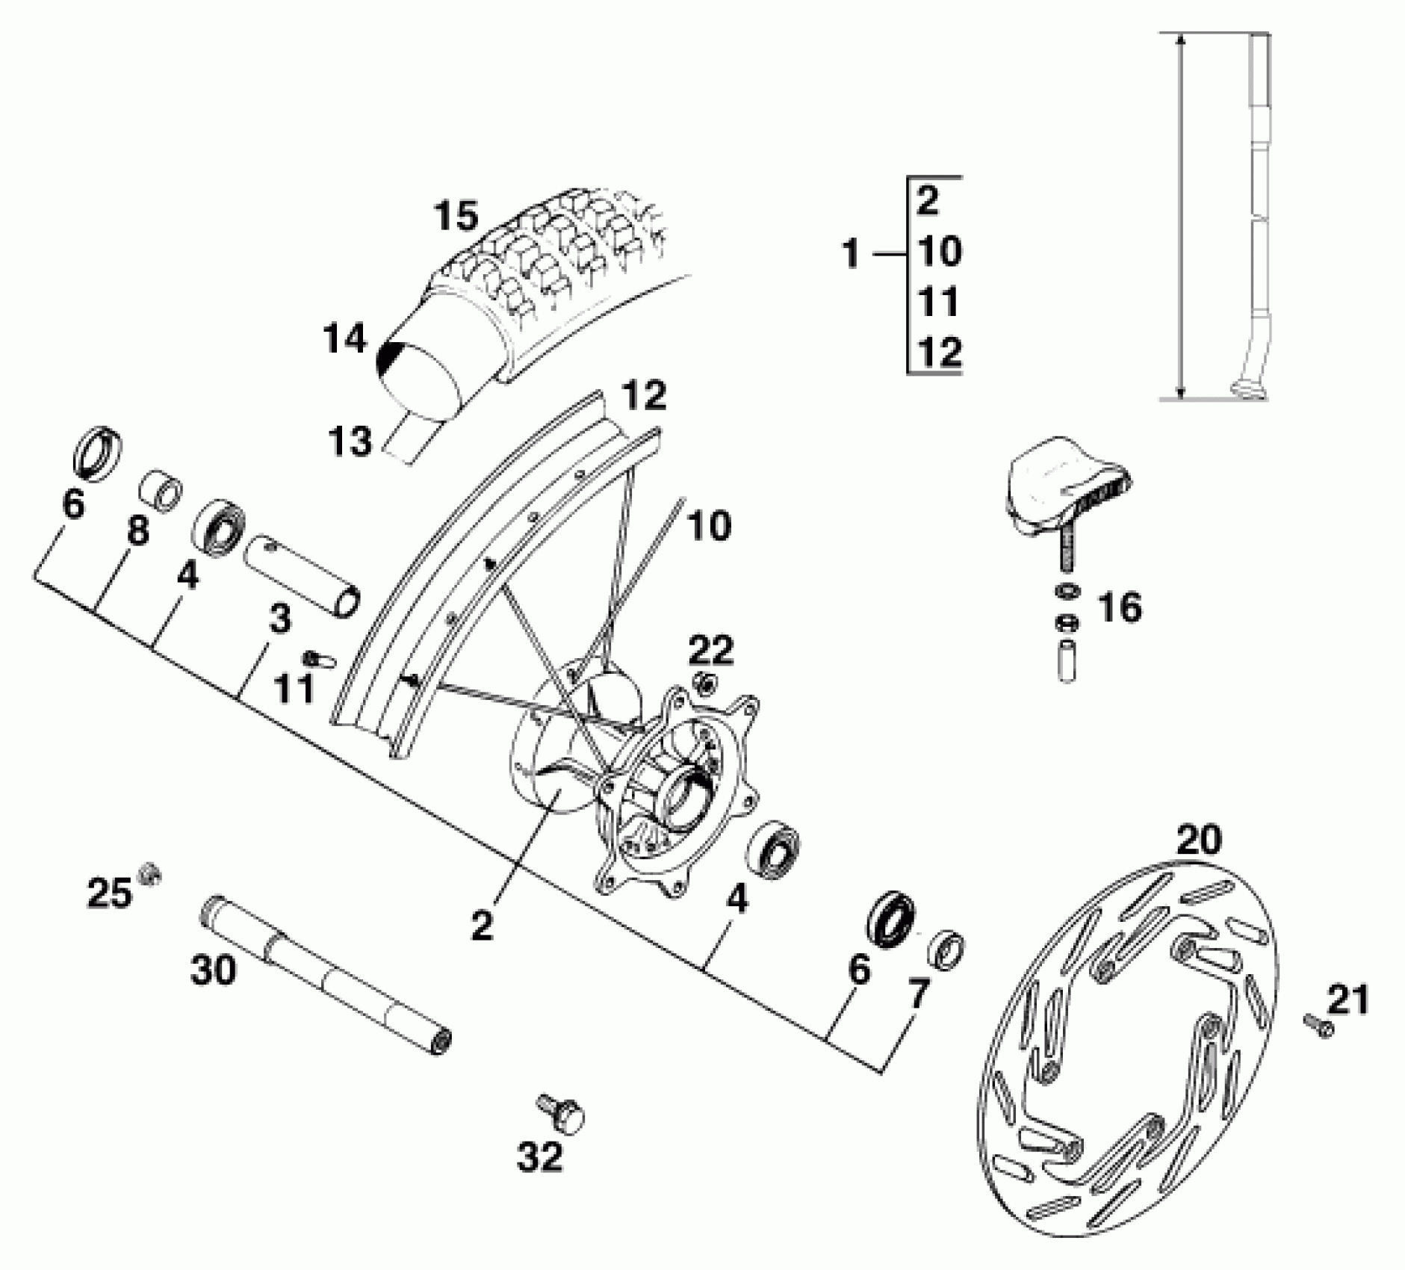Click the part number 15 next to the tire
(456, 216)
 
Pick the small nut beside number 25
(150, 873)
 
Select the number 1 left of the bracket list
(851, 255)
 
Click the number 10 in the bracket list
(939, 252)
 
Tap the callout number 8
(137, 530)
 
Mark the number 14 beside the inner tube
(345, 339)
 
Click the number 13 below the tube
(350, 441)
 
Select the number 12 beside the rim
(645, 395)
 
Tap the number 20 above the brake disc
(1200, 840)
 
